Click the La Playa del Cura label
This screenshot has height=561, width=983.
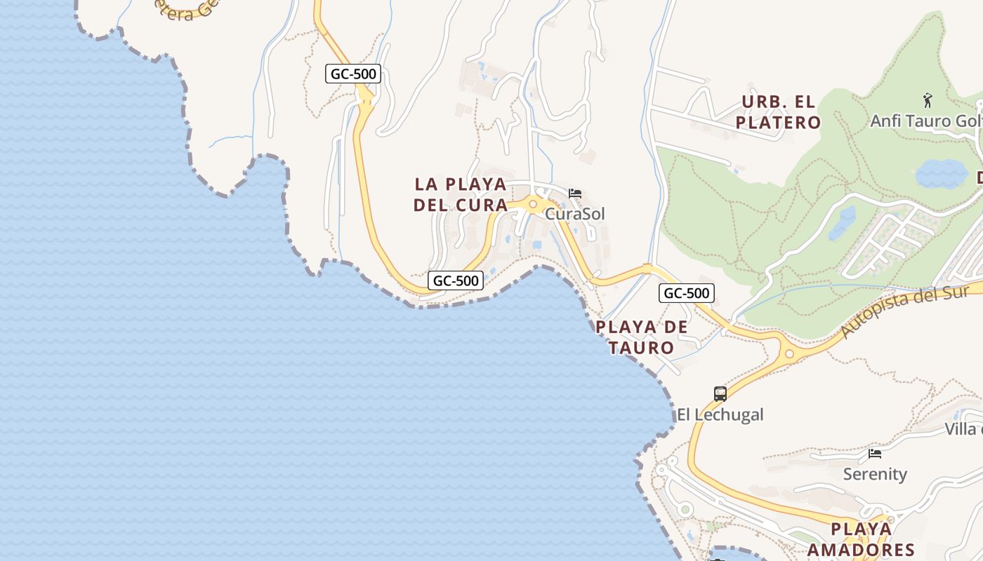(461, 194)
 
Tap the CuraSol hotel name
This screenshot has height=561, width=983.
(575, 214)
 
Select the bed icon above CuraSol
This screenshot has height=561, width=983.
(575, 194)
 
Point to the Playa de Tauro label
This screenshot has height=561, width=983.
(642, 337)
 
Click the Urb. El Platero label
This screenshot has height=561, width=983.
(778, 112)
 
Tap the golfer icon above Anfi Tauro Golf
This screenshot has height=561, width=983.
(928, 100)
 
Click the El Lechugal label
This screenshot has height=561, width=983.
(720, 414)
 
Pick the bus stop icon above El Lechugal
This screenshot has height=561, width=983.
(720, 393)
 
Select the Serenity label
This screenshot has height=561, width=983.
(875, 474)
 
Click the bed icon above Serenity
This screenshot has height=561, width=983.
(875, 454)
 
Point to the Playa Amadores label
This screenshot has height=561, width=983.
(861, 539)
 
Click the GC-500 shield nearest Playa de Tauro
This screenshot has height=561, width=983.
(686, 293)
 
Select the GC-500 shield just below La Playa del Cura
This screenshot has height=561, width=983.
(456, 281)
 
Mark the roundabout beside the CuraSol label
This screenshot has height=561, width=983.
(533, 205)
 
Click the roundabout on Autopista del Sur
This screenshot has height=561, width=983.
(789, 354)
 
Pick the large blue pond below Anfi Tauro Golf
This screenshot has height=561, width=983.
(941, 174)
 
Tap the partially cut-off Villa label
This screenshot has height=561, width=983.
(963, 429)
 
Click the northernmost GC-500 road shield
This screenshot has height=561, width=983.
(353, 73)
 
